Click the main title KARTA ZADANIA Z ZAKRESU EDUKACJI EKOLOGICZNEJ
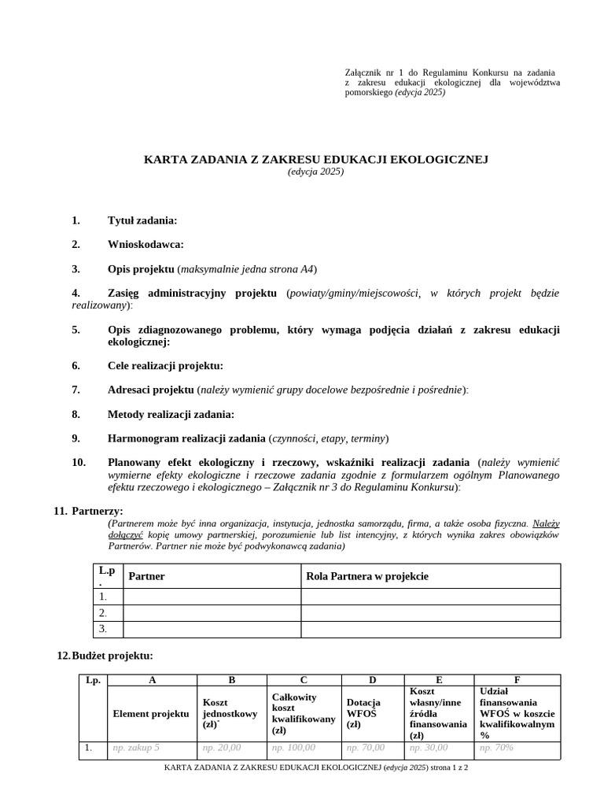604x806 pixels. [315, 159]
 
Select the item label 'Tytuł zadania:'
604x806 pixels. [142, 220]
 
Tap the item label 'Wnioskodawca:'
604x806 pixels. [145, 245]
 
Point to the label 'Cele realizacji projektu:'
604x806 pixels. [165, 365]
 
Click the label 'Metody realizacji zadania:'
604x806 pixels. [171, 414]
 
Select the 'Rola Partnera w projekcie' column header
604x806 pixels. [367, 576]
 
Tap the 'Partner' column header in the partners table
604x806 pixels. [146, 576]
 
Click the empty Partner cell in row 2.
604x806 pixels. [212, 612]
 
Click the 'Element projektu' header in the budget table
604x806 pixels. [151, 713]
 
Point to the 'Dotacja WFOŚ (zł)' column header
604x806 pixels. [363, 713]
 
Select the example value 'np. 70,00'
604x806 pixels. [366, 747]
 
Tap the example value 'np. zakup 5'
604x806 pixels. [136, 747]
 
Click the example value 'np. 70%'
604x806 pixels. [496, 747]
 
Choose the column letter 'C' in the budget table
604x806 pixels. [304, 680]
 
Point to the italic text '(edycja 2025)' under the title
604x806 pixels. [315, 172]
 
